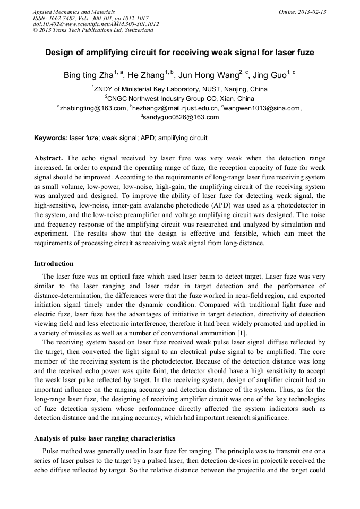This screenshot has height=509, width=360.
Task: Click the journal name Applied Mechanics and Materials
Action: (73, 12)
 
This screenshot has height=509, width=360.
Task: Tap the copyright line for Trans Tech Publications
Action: (93, 30)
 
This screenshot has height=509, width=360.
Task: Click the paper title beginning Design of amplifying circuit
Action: (179, 53)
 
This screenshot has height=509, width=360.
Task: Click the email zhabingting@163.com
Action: (93, 108)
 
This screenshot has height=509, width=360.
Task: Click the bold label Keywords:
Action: (51, 138)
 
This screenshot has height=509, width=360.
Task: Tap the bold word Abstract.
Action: (48, 159)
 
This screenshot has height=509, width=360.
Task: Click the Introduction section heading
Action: (54, 264)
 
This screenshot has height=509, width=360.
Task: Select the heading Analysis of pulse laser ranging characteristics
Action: (105, 438)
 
